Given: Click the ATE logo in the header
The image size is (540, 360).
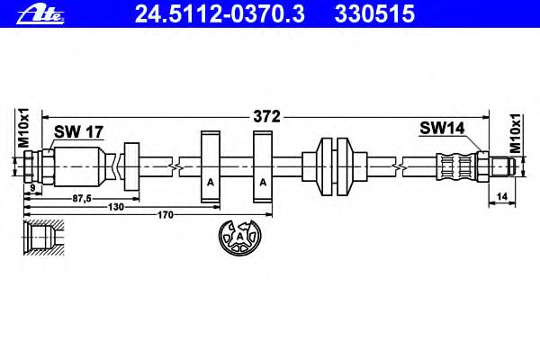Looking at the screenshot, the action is point(40,15).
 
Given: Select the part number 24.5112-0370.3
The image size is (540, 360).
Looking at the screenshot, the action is point(220,14).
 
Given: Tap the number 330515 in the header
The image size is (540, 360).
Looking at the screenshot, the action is point(374,14).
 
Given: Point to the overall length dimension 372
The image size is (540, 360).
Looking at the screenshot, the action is point(266,117).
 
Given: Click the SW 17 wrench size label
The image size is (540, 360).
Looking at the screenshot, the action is point(78,131).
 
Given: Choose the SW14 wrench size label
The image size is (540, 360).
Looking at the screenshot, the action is point(442,128).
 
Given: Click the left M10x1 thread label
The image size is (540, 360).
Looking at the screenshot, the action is point(23,128).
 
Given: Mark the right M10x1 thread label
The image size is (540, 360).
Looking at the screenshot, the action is point(515,132).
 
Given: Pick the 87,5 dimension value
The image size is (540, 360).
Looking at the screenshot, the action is point(82,198).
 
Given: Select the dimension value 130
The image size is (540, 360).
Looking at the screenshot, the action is point(116,207).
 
